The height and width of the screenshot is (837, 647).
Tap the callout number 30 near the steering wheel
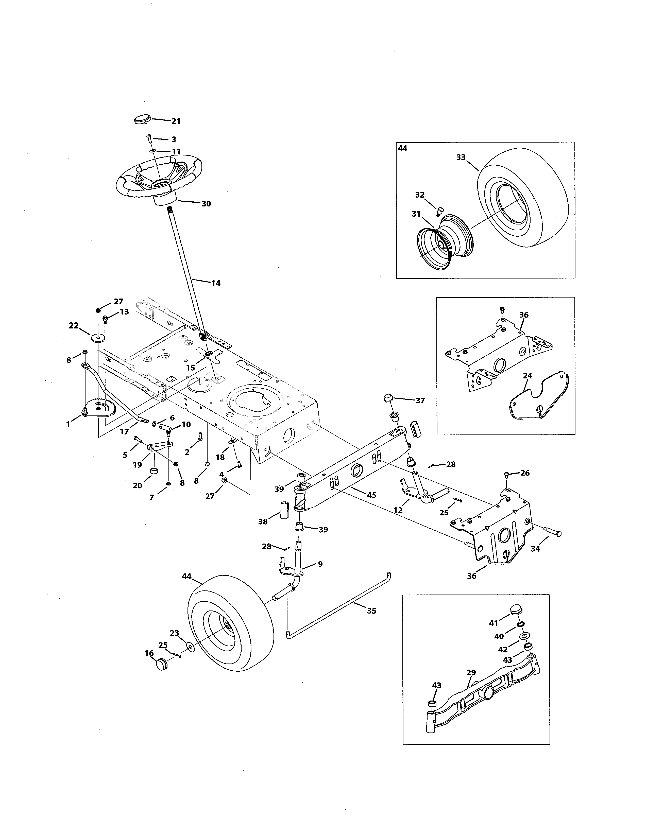(206, 204)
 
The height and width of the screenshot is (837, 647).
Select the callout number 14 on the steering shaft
(216, 283)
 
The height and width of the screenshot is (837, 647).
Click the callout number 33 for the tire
(461, 158)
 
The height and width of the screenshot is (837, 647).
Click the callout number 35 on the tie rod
(371, 611)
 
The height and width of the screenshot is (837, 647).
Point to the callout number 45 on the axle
(371, 495)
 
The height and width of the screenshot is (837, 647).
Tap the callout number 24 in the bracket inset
(527, 376)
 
